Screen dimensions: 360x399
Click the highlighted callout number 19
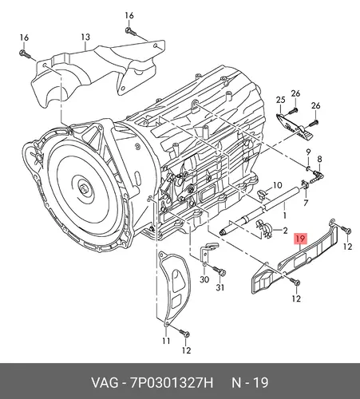(300, 239)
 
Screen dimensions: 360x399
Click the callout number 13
(85, 37)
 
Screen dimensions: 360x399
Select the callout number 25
(280, 100)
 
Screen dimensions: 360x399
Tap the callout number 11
(166, 341)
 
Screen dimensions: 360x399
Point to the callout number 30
(204, 279)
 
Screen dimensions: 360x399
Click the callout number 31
(220, 287)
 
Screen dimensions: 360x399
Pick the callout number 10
(277, 185)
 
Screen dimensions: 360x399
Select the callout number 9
(308, 152)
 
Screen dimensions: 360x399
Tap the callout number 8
(319, 159)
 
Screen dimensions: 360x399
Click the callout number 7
(306, 203)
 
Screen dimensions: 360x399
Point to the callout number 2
(285, 231)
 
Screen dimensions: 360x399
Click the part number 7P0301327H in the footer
(172, 383)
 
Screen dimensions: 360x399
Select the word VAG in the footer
(105, 383)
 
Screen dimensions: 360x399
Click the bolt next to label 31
(220, 271)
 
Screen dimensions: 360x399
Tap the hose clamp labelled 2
(263, 228)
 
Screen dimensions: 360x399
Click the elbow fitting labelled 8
(317, 177)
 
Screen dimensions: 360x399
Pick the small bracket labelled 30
(207, 253)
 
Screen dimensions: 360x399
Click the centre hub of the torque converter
(84, 189)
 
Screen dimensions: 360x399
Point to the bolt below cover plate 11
(184, 332)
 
